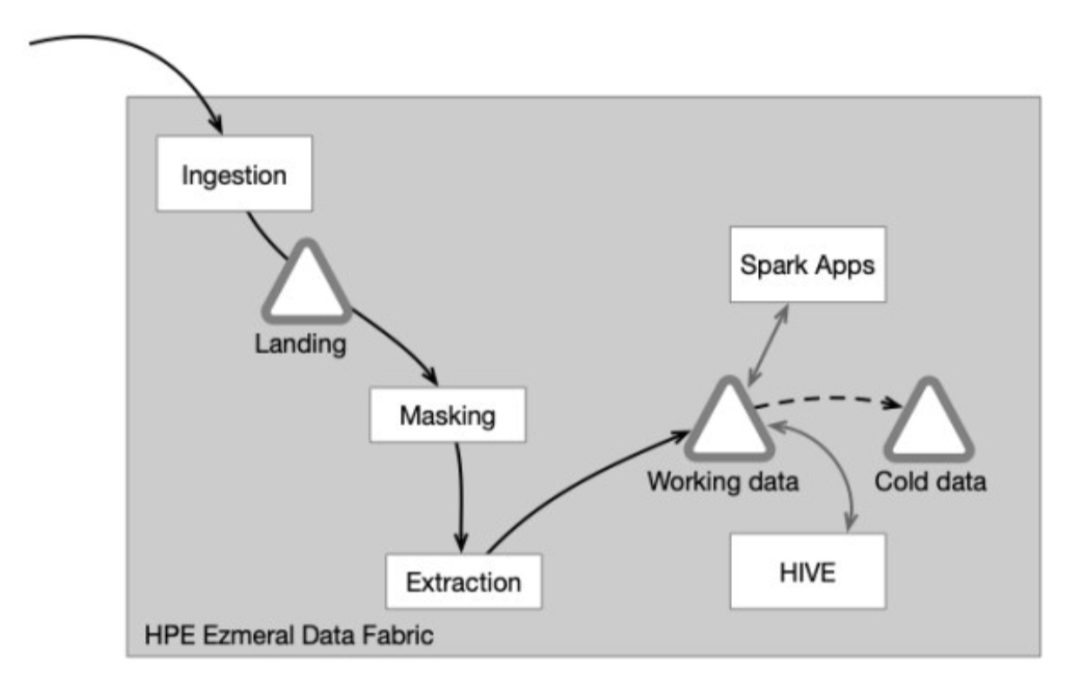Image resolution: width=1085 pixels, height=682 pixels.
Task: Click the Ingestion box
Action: pyautogui.click(x=233, y=173)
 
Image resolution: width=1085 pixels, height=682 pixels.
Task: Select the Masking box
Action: pyautogui.click(x=447, y=414)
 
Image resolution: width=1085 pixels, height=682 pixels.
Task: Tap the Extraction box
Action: pyautogui.click(x=463, y=580)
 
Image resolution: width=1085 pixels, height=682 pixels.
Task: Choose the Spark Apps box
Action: pyautogui.click(x=808, y=264)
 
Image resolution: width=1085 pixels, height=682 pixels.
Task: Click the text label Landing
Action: pyautogui.click(x=300, y=344)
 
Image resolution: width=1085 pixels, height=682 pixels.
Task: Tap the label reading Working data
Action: pyautogui.click(x=722, y=481)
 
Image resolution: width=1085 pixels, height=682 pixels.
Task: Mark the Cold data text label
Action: pyautogui.click(x=930, y=481)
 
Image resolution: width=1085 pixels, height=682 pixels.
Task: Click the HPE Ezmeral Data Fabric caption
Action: pyautogui.click(x=290, y=635)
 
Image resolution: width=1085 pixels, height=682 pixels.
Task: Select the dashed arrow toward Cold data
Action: pyautogui.click(x=826, y=401)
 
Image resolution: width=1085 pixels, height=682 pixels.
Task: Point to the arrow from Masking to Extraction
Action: pyautogui.click(x=461, y=496)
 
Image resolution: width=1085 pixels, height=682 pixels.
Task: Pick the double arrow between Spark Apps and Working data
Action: pyautogui.click(x=768, y=344)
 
